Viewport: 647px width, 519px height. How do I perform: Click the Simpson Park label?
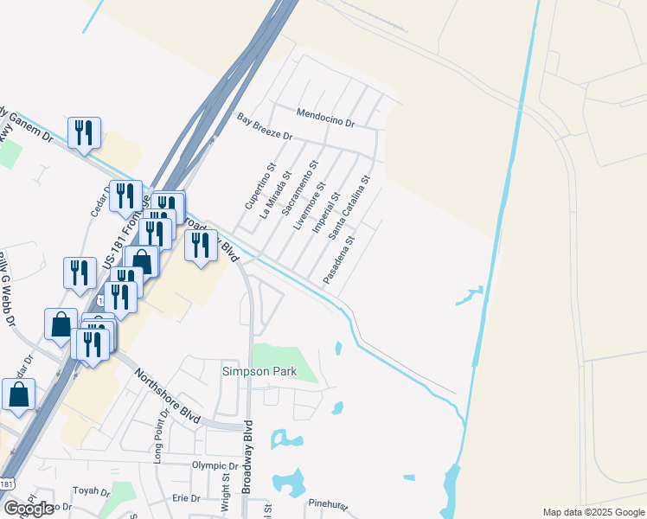(x=259, y=372)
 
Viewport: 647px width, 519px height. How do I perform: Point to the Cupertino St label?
(x=260, y=188)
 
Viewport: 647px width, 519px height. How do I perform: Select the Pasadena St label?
(x=338, y=260)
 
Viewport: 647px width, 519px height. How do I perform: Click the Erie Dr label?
(x=186, y=498)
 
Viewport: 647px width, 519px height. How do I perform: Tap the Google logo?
(x=29, y=509)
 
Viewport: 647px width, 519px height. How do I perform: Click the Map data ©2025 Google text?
(x=593, y=512)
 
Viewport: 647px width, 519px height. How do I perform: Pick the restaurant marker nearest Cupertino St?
(x=201, y=247)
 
